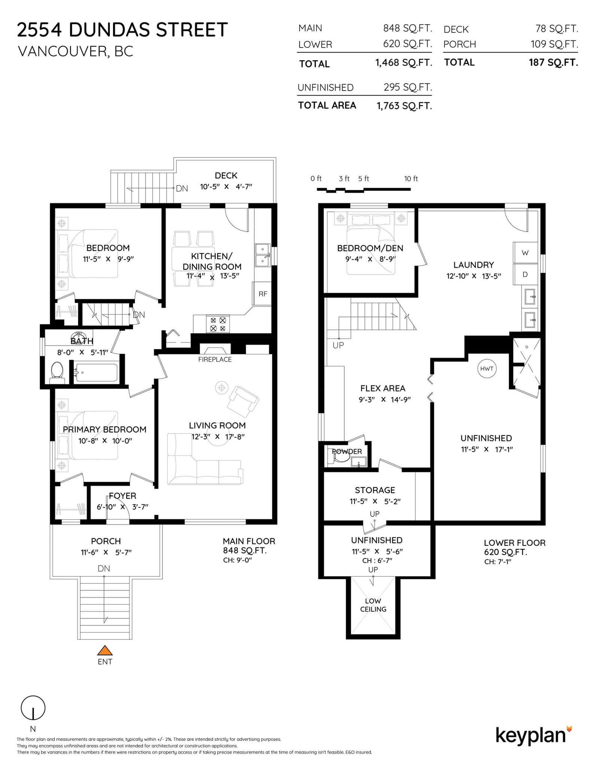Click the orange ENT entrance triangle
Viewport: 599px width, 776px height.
pos(105,650)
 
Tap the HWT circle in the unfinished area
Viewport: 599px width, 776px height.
pos(487,369)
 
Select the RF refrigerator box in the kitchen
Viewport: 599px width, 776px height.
pos(263,294)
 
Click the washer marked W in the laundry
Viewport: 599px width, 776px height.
pos(525,253)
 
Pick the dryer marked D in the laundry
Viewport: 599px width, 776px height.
pos(525,275)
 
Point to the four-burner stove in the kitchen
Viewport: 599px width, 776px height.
pos(218,324)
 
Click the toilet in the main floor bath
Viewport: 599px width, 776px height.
pos(57,372)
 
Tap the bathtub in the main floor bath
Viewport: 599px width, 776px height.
pos(97,372)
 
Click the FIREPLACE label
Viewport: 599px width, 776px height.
pos(215,359)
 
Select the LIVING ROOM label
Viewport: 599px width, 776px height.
pos(217,425)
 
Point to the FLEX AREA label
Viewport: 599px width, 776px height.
pos(383,388)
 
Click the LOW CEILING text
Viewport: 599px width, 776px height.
pos(373,605)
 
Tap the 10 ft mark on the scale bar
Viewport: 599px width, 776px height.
pos(411,179)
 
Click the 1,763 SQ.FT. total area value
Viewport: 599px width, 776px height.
pos(404,106)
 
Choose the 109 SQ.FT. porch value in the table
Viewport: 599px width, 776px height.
pos(554,44)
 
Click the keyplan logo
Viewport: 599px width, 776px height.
pos(534,736)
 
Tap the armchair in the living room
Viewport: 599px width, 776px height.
pos(243,401)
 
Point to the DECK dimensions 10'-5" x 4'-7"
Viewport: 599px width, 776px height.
pos(226,187)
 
